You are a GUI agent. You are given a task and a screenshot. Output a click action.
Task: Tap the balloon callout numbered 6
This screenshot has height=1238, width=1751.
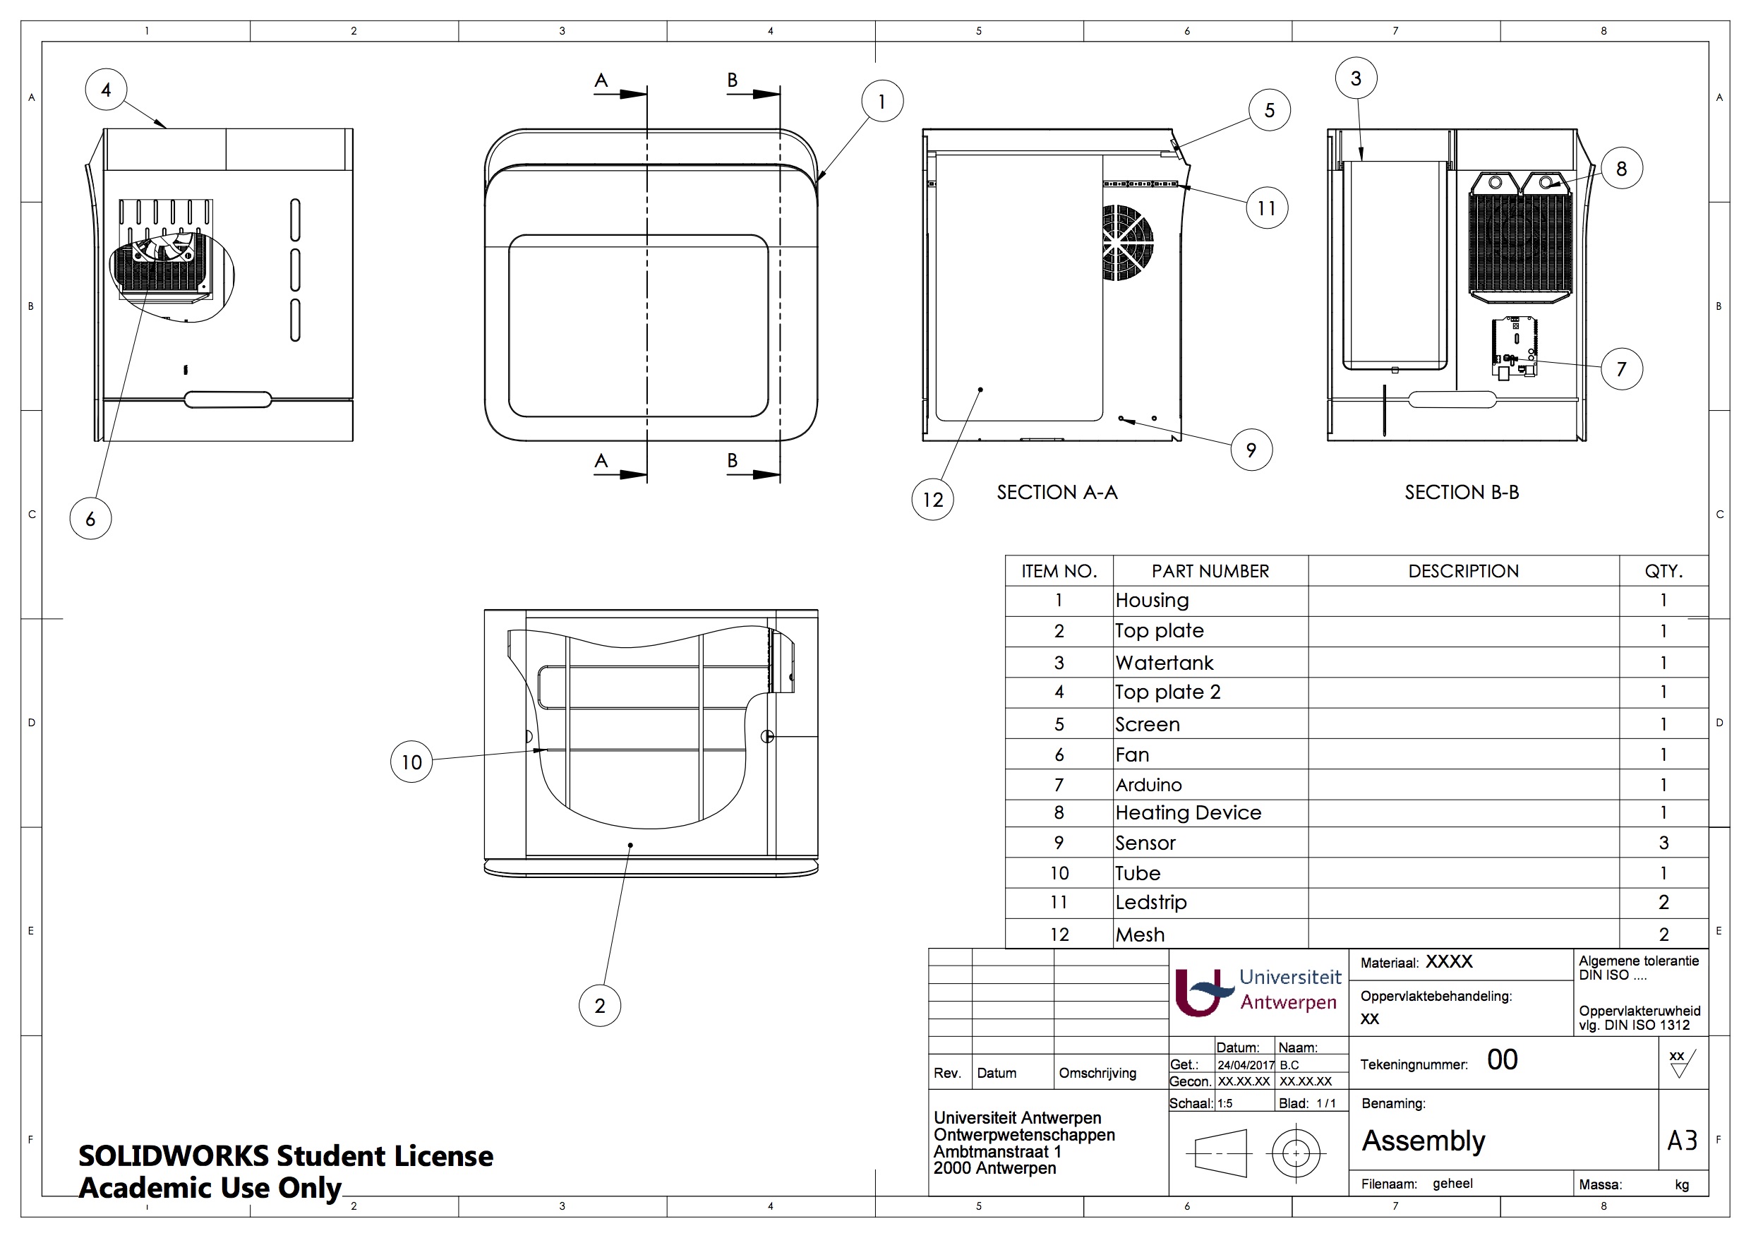click(x=91, y=519)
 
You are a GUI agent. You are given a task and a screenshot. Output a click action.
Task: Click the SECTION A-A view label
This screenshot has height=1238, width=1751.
click(x=1057, y=493)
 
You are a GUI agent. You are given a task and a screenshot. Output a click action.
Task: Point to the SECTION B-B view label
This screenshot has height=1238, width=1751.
click(x=1461, y=493)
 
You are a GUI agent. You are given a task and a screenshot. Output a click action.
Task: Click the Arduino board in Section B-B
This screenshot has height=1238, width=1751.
click(x=1515, y=348)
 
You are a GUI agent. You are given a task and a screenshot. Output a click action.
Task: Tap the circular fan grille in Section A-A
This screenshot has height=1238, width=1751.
click(x=1127, y=243)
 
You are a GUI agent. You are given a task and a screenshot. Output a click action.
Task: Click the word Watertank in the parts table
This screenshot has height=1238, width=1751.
click(x=1164, y=663)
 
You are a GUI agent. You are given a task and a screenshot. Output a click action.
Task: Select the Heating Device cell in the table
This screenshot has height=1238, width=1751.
click(x=1189, y=813)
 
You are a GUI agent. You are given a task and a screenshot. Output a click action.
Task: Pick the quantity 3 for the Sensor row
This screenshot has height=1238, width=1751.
click(x=1663, y=843)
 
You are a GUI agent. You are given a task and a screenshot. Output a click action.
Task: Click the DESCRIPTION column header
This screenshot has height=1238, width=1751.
click(x=1463, y=571)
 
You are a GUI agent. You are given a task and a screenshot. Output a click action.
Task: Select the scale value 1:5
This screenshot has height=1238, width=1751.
click(x=1225, y=1104)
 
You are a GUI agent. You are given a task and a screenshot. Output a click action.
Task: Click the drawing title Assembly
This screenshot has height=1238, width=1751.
click(x=1423, y=1141)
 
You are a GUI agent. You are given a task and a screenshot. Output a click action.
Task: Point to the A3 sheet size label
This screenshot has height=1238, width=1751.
click(x=1682, y=1141)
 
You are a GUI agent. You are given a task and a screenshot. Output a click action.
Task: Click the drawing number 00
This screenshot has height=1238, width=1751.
click(x=1502, y=1059)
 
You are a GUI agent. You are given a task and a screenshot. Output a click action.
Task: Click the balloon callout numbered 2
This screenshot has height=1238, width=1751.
click(x=599, y=1006)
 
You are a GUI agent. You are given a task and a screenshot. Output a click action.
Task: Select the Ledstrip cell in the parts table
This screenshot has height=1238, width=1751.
click(x=1151, y=903)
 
